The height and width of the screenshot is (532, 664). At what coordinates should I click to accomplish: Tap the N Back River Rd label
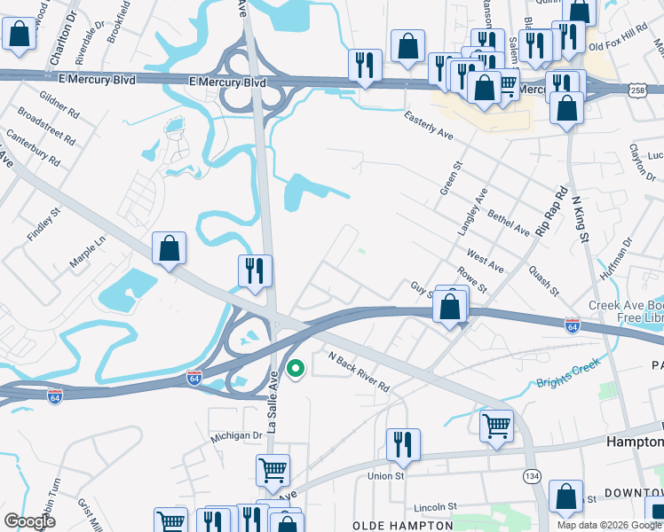pos(359,372)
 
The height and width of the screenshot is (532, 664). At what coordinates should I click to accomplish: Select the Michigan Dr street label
pos(237,436)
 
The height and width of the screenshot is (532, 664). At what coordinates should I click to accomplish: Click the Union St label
pos(386,476)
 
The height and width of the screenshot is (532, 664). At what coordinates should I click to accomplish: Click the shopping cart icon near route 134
pos(496,426)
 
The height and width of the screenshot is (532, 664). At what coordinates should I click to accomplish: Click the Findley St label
pos(43,225)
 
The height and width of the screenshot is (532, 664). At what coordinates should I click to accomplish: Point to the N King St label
pos(580,219)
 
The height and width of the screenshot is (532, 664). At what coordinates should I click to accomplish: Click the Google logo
pos(29,521)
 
